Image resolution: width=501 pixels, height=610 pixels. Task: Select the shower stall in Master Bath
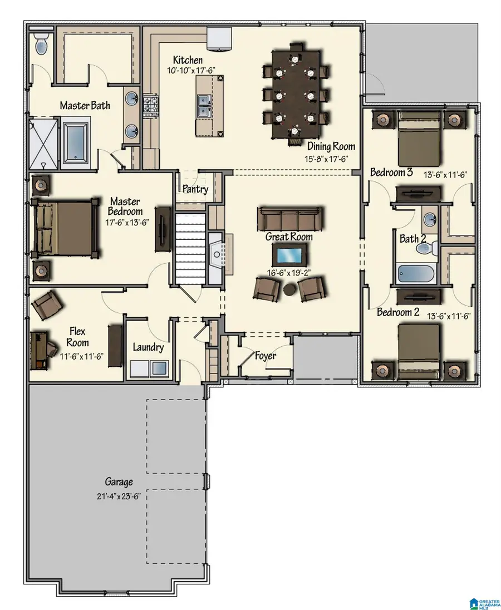(42, 142)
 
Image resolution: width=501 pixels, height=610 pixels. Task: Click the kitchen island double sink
(204, 105)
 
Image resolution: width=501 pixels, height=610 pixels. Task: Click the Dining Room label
(331, 147)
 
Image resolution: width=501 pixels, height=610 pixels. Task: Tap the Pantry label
(195, 189)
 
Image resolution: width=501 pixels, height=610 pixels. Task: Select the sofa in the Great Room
(289, 218)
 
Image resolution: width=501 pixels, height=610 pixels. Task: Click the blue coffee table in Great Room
(288, 256)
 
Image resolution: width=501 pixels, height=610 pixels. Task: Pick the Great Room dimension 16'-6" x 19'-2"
(288, 273)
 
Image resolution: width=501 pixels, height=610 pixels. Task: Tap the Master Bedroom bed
(61, 227)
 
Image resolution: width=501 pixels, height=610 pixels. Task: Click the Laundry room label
(148, 348)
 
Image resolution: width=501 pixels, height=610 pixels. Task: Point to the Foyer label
(265, 356)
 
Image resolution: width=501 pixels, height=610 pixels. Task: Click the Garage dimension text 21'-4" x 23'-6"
(119, 495)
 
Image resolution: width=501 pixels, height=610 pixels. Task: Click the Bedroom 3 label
(391, 173)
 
